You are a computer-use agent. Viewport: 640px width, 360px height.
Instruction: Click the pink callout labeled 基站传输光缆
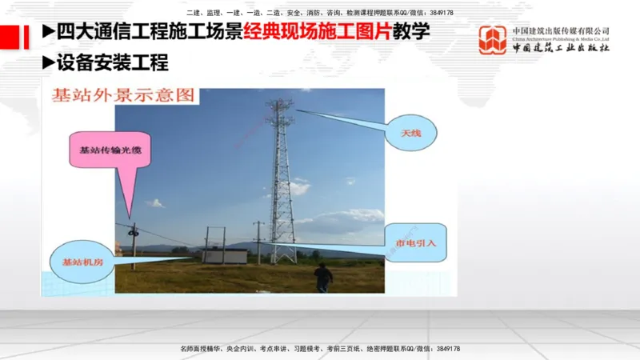tap(105, 150)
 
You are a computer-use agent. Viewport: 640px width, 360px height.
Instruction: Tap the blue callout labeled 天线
tap(411, 134)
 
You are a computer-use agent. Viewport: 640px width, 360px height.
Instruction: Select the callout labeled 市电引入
tap(410, 242)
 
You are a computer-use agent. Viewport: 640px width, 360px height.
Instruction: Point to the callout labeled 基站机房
tap(78, 261)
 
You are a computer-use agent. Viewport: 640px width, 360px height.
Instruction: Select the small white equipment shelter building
tap(226, 256)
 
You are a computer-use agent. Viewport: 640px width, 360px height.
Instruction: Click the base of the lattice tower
tap(282, 254)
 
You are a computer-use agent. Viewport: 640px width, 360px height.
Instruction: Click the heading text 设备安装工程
tap(112, 62)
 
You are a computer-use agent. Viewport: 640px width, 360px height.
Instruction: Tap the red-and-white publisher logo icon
tap(493, 40)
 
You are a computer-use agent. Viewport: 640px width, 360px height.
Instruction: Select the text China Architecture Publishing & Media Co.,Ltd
tap(562, 38)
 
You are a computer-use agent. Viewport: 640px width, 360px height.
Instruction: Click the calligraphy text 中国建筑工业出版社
tap(562, 48)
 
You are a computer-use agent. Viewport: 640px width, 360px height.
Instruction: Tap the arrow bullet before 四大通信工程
tap(47, 32)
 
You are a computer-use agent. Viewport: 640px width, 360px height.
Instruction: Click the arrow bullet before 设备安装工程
tap(47, 62)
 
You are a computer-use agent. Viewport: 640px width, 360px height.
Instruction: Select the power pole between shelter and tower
tap(258, 242)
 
